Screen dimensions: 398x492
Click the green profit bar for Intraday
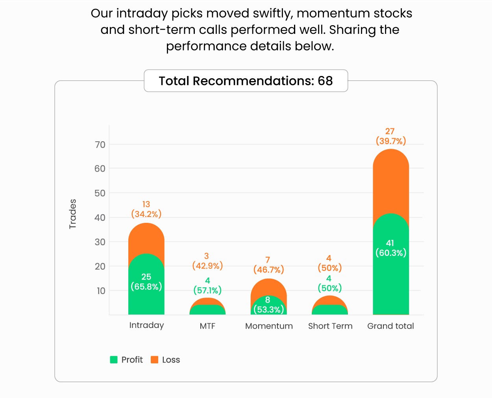(146, 299)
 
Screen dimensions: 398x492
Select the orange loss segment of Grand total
(390, 181)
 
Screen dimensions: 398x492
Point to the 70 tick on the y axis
(100, 145)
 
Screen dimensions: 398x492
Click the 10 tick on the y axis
(101, 291)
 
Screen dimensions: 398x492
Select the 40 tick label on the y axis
(100, 218)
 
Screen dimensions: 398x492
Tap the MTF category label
(207, 326)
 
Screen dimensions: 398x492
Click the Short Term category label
(330, 326)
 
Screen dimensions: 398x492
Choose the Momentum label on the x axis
(269, 326)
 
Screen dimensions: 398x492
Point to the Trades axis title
(73, 214)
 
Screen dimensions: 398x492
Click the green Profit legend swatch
(114, 359)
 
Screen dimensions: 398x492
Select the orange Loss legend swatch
(155, 359)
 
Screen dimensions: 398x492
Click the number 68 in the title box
(325, 81)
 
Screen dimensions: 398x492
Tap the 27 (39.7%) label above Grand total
(390, 136)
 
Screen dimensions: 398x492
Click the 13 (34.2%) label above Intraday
(146, 209)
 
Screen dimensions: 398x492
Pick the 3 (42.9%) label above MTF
(207, 261)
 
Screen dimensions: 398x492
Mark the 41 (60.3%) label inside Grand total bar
(390, 248)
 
